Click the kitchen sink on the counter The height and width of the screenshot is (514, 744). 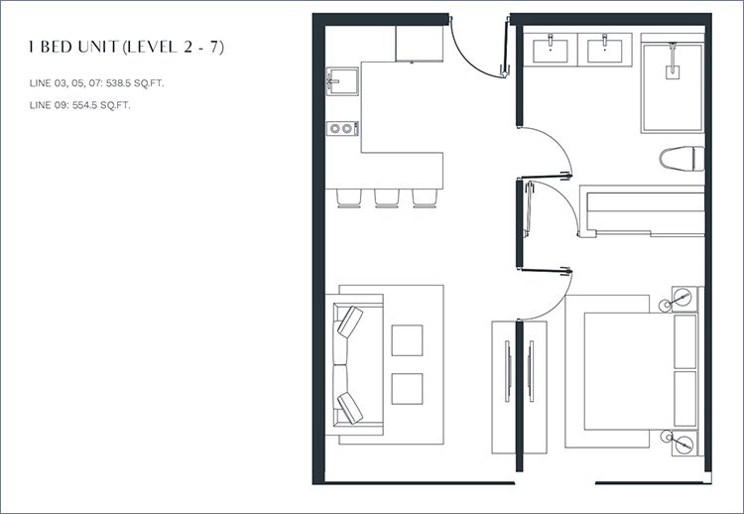point(342,81)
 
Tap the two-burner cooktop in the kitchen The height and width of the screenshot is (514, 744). point(342,128)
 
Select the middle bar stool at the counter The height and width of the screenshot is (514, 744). point(387,197)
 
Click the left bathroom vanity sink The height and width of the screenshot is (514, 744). point(551,50)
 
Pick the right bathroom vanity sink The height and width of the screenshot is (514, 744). point(604,50)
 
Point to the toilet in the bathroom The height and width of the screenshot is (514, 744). point(682,158)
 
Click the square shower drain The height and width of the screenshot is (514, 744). point(672,72)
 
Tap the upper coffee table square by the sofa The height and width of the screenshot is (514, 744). point(407,340)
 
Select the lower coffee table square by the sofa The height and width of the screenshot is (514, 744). point(407,389)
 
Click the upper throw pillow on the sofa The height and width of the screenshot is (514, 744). point(350,321)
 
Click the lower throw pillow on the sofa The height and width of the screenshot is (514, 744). point(350,408)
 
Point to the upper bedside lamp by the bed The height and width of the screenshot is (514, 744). point(683,297)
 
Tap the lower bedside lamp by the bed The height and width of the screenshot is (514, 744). point(683,445)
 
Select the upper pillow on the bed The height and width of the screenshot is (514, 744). point(684,341)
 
